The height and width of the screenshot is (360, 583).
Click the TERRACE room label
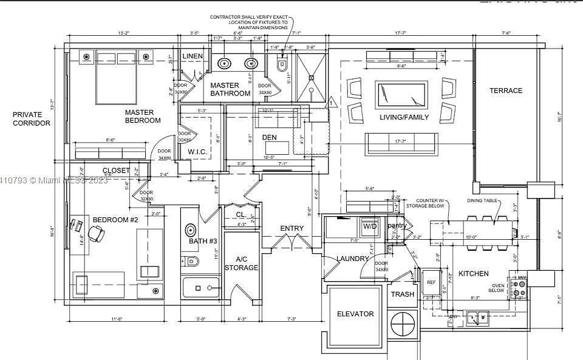pyautogui.click(x=506, y=91)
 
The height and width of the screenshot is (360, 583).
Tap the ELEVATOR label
pyautogui.click(x=355, y=314)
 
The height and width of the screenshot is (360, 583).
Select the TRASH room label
pyautogui.click(x=403, y=294)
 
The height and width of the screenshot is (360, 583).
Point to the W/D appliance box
pyautogui.click(x=370, y=226)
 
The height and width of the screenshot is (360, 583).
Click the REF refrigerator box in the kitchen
pyautogui.click(x=432, y=283)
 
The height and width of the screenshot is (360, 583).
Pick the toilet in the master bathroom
pyautogui.click(x=282, y=64)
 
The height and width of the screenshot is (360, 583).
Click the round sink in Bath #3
pyautogui.click(x=190, y=230)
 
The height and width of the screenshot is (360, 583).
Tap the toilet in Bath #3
pyautogui.click(x=191, y=262)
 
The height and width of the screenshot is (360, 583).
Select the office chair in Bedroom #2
pyautogui.click(x=96, y=233)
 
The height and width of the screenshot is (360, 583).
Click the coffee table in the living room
pyautogui.click(x=401, y=95)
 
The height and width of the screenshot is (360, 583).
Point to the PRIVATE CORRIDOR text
pyautogui.click(x=27, y=118)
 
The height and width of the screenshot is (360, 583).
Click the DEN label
pyautogui.click(x=270, y=138)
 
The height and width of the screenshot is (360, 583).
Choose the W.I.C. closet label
pyautogui.click(x=199, y=151)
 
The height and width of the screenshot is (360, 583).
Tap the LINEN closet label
pyautogui.click(x=193, y=56)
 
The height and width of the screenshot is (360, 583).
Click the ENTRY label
pyautogui.click(x=291, y=228)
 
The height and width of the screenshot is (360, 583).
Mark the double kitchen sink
pyautogui.click(x=479, y=316)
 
